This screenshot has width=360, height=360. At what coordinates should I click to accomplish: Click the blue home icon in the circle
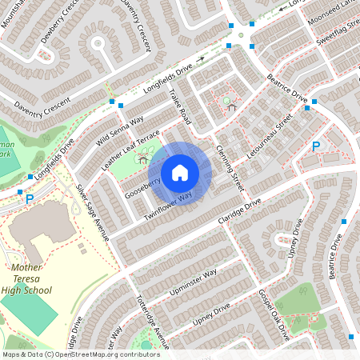pos(180,173)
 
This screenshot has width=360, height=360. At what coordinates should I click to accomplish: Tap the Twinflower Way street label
pos(168,206)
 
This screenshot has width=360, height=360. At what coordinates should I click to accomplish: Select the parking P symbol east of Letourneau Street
pos(315,146)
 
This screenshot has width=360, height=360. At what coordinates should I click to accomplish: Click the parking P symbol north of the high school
pos(30,198)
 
